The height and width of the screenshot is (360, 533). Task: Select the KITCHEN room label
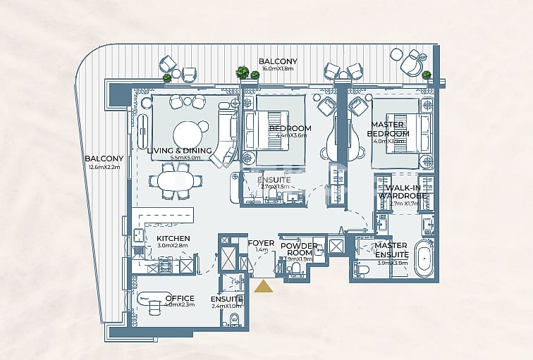pos(173,239)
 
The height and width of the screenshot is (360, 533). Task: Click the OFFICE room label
pos(179,298)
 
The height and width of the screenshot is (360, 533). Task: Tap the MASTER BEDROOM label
pos(390,130)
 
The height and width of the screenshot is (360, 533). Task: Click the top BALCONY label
pos(278,62)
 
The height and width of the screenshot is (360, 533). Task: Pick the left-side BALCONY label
pos(104,159)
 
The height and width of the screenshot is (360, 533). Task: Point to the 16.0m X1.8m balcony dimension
pos(278,70)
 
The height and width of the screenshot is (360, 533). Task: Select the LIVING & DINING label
pos(180,150)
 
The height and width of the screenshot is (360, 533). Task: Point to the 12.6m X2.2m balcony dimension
pos(104,167)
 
